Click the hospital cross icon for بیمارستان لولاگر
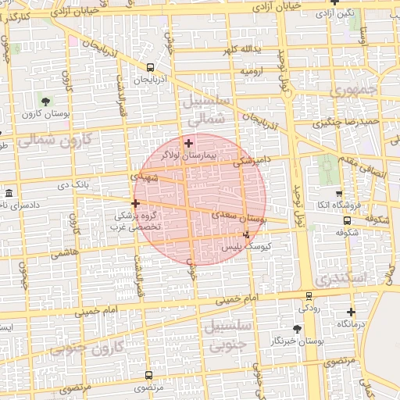coord(188,143)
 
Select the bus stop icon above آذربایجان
coord(150,68)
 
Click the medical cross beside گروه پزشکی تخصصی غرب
coord(135,203)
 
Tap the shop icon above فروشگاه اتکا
coord(338,193)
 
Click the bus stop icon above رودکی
coord(309,295)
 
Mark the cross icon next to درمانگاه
coord(351,312)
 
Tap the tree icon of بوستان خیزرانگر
coord(298,329)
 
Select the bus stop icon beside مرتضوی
coord(148,376)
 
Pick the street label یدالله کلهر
coord(241,50)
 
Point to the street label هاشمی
coord(64,253)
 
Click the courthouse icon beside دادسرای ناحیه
coord(9,193)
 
